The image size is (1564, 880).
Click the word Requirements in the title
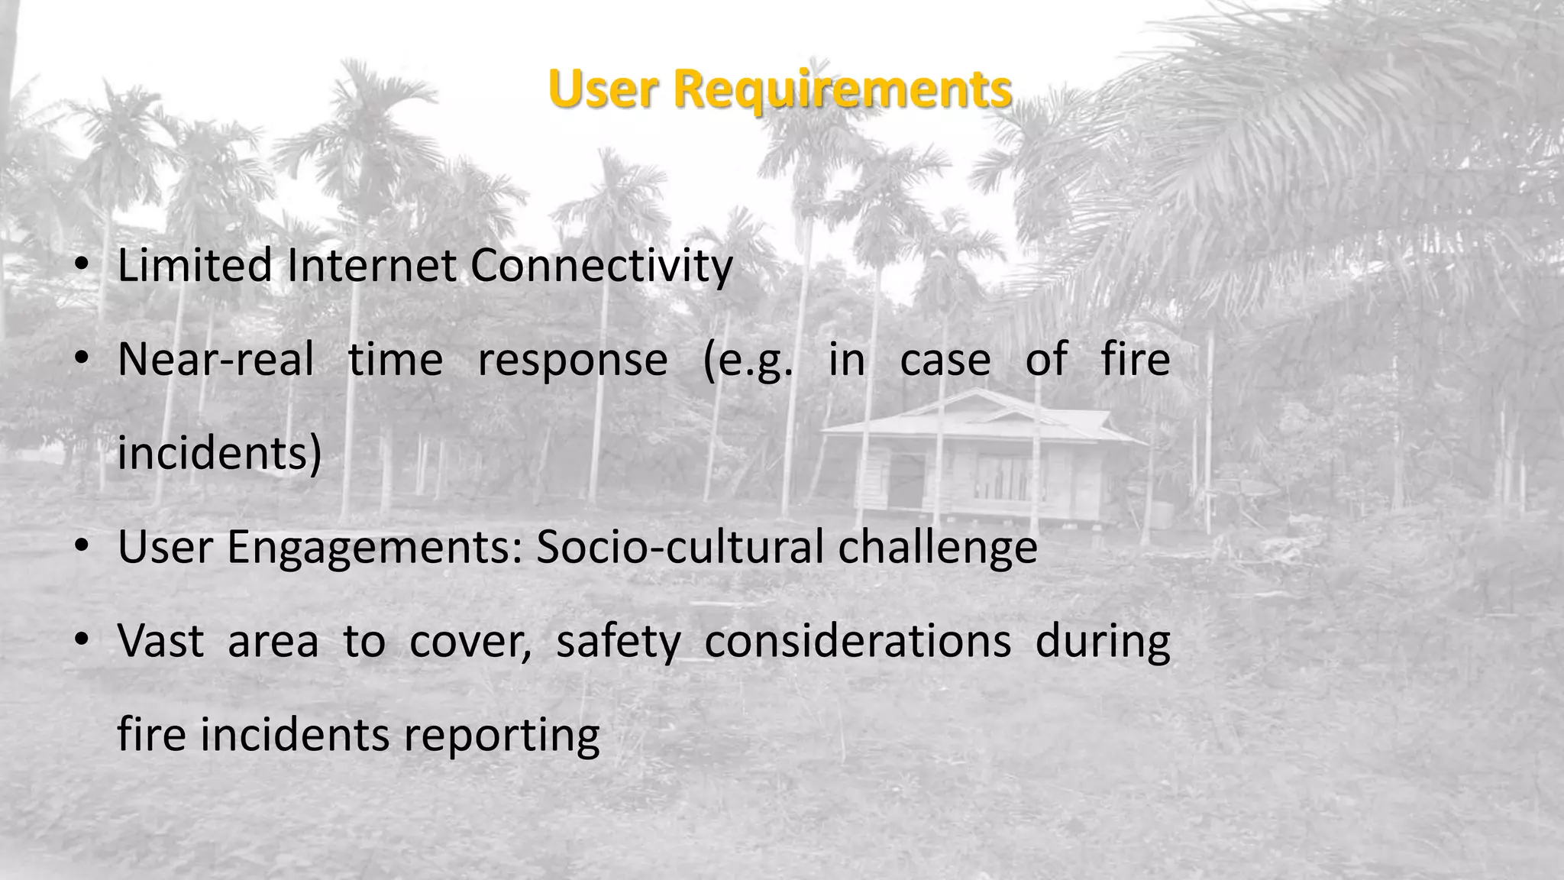pyautogui.click(x=843, y=90)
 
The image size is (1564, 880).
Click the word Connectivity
pyautogui.click(x=601, y=267)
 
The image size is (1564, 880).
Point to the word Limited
pyautogui.click(x=195, y=266)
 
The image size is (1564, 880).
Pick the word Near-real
pyautogui.click(x=216, y=360)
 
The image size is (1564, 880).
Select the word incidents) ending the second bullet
pyautogui.click(x=220, y=454)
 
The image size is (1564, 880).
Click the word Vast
pyautogui.click(x=160, y=642)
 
